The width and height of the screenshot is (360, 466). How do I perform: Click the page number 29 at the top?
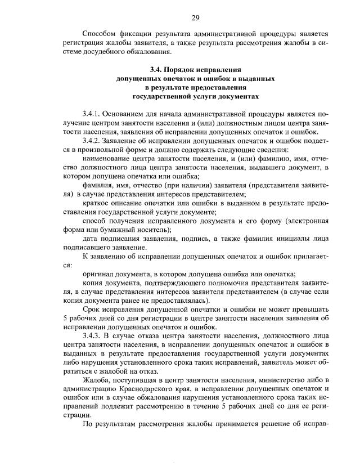(x=195, y=17)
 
